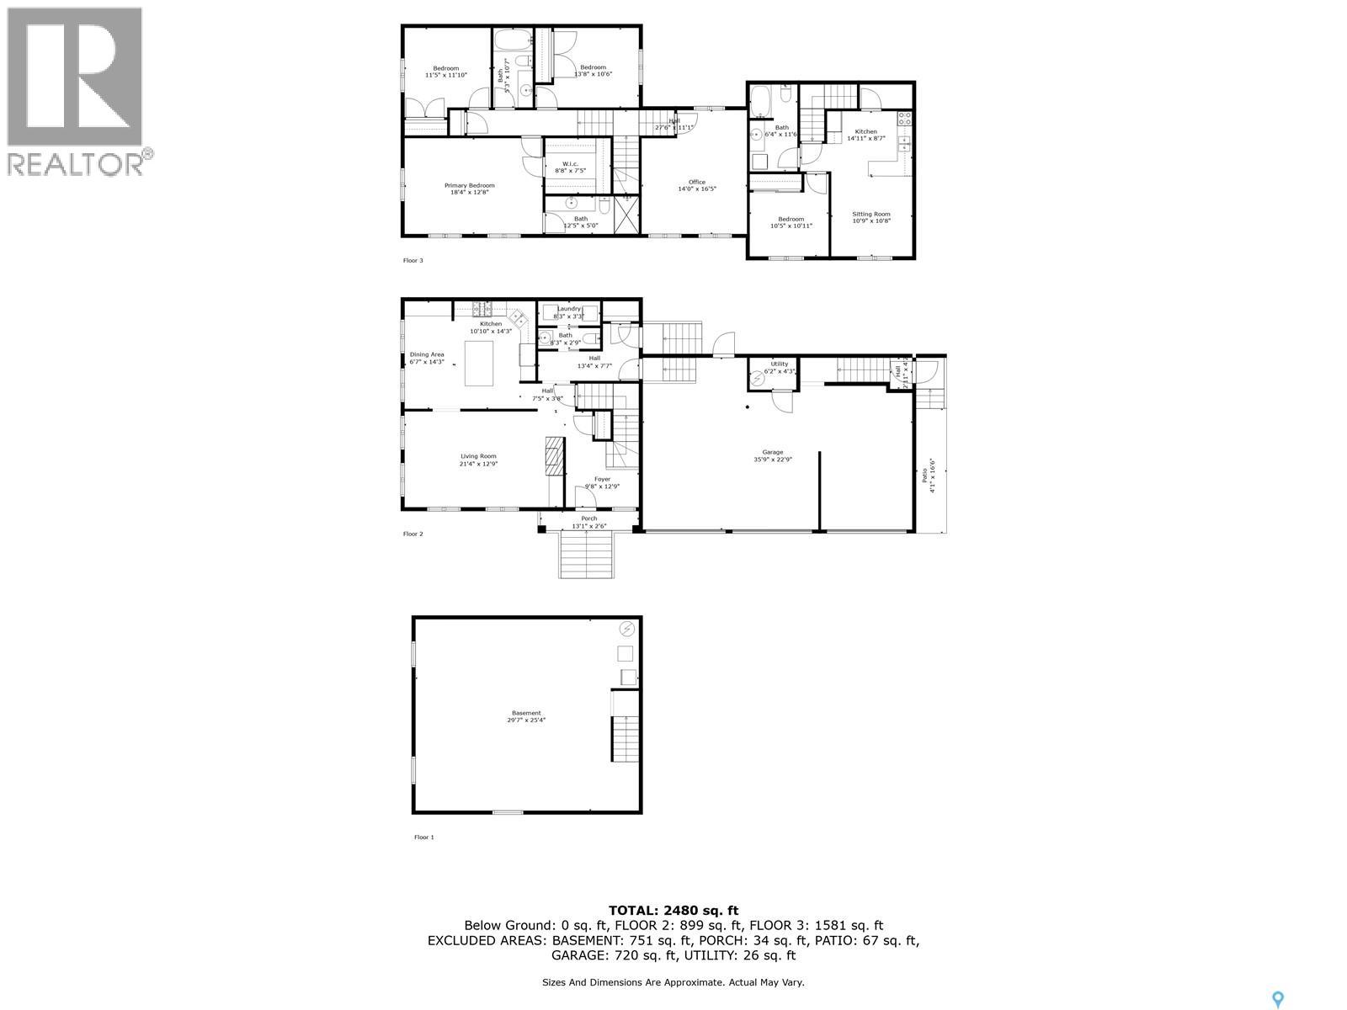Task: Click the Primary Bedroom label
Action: [469, 185]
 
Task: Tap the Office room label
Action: [696, 182]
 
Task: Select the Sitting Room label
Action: [870, 214]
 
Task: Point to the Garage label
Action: [772, 452]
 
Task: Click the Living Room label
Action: [477, 456]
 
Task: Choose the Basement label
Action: [527, 713]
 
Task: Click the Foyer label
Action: [602, 479]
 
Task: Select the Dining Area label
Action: [427, 354]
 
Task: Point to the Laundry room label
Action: [568, 309]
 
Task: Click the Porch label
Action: [588, 518]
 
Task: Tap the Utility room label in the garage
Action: [779, 364]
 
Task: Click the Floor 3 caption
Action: [413, 260]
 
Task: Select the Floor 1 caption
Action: [423, 837]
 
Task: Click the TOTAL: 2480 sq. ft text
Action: [673, 910]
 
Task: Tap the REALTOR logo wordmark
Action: [76, 163]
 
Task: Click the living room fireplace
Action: [552, 457]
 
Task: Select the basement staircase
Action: [625, 738]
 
